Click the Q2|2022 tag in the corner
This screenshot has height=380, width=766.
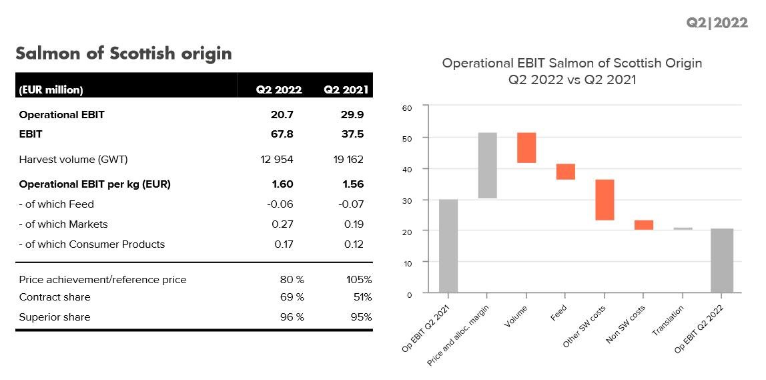pyautogui.click(x=717, y=23)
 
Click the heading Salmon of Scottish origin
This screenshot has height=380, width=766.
pyautogui.click(x=123, y=53)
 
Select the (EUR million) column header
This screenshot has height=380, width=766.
pyautogui.click(x=51, y=89)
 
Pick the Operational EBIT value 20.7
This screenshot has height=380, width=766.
pyautogui.click(x=282, y=114)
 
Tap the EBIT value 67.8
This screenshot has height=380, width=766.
pyautogui.click(x=282, y=134)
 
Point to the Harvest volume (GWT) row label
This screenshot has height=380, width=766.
pyautogui.click(x=73, y=160)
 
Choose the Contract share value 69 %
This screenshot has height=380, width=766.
pyautogui.click(x=292, y=297)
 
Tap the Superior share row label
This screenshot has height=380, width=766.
pyautogui.click(x=55, y=317)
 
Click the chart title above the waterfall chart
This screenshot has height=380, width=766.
pyautogui.click(x=572, y=71)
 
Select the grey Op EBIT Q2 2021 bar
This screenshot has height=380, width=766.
pyautogui.click(x=448, y=246)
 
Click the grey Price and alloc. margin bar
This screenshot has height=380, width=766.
pyautogui.click(x=487, y=166)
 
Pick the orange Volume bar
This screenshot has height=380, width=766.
pyautogui.click(x=526, y=148)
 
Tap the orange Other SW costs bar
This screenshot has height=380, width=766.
pyautogui.click(x=605, y=200)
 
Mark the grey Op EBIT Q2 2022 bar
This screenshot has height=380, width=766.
pyautogui.click(x=722, y=260)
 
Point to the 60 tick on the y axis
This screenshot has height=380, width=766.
pyautogui.click(x=407, y=107)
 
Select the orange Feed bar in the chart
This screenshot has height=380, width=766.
pyautogui.click(x=565, y=172)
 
